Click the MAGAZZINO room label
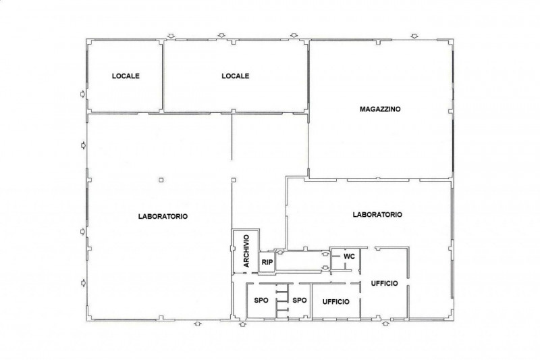point(380,109)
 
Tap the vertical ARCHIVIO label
point(246,251)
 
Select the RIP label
point(267,262)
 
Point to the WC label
point(349,257)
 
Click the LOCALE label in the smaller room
point(126,76)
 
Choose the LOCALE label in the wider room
point(235,76)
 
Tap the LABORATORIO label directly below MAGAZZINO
point(377,215)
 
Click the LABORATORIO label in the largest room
point(163,217)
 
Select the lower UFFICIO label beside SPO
point(335,302)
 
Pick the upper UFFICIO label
point(384,283)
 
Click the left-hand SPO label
point(261,301)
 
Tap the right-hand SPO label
point(300,301)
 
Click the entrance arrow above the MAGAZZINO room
point(415,36)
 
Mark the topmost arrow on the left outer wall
point(82,94)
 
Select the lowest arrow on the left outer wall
point(82,282)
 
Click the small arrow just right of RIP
point(280,253)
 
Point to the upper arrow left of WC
point(325,254)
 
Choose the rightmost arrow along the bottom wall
point(385,323)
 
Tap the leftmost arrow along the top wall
point(171,36)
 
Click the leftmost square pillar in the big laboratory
point(161,180)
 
